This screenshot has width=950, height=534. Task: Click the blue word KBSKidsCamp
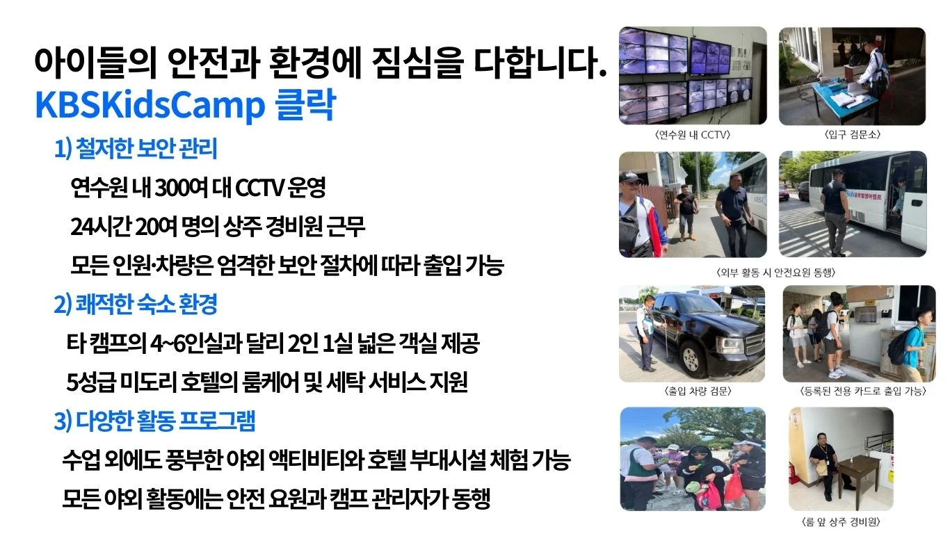click(150, 105)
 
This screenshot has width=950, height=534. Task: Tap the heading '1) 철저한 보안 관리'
click(136, 149)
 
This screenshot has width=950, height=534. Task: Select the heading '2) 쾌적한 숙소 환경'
click(136, 304)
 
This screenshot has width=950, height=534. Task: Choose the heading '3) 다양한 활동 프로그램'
click(155, 421)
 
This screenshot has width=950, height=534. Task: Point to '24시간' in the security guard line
click(101, 226)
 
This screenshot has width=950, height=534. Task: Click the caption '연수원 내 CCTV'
click(693, 135)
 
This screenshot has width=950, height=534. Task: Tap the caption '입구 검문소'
click(853, 134)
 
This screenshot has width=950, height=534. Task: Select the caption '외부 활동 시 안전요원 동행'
click(775, 273)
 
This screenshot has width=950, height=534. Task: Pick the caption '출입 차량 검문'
click(698, 391)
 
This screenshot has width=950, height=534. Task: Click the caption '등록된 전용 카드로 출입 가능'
click(862, 391)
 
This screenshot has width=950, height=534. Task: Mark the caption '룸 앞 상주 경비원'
click(841, 521)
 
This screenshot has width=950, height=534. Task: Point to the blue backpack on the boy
click(898, 349)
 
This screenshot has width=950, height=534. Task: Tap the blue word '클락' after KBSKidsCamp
click(305, 105)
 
